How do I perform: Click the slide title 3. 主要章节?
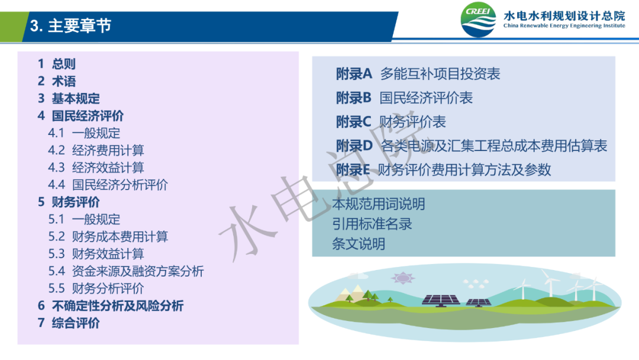tap(70, 25)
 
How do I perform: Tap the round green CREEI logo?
tap(479, 20)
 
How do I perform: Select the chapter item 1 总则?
tap(57, 64)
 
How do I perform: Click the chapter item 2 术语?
tap(57, 81)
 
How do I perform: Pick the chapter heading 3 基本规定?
tap(69, 98)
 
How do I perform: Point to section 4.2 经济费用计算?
tap(96, 150)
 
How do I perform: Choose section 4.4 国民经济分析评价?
tap(108, 185)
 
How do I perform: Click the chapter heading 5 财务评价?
tap(69, 202)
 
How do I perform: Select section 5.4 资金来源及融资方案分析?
tap(126, 271)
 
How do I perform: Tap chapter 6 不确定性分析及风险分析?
tap(111, 306)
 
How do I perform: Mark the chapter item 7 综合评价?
tap(69, 323)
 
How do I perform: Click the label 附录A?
tap(354, 74)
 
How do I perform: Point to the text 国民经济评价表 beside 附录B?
tap(426, 98)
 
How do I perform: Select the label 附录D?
tap(354, 146)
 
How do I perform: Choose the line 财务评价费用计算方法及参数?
tap(464, 169)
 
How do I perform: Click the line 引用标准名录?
tap(372, 224)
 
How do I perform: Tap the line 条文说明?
tap(359, 244)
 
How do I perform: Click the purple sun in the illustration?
tap(403, 278)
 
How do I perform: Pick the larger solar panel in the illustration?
tap(441, 300)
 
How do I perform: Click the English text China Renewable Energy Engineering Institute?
tap(564, 25)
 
